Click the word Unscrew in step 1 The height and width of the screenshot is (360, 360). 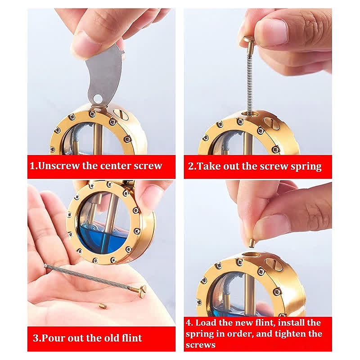pyautogui.click(x=58, y=166)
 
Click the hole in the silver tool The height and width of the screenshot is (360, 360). pyautogui.click(x=98, y=99)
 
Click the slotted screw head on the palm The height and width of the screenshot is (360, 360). pyautogui.click(x=143, y=289)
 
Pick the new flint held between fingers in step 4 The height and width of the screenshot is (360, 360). pyautogui.click(x=252, y=243)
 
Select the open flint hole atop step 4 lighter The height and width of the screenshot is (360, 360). pyautogui.click(x=251, y=254)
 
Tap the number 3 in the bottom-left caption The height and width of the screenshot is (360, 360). pyautogui.click(x=36, y=338)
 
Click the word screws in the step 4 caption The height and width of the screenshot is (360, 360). pyautogui.click(x=200, y=345)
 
